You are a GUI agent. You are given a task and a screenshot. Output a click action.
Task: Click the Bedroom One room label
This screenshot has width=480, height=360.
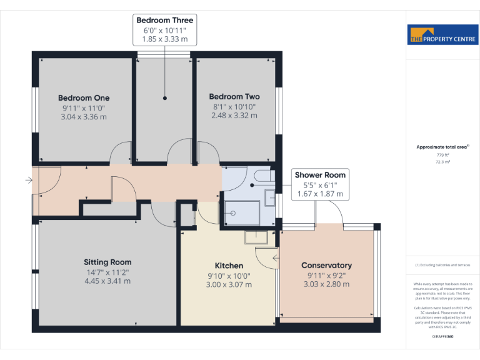84,97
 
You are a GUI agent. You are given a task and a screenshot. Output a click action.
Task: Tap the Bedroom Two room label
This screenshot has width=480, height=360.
234,97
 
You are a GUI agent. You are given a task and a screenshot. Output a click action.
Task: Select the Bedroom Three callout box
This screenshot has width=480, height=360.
165,30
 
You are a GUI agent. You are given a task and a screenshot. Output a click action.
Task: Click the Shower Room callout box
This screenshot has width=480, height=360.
320,184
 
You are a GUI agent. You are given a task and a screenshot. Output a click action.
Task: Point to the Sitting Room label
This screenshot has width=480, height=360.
107,262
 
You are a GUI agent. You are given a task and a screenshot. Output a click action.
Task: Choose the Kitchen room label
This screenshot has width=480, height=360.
229,266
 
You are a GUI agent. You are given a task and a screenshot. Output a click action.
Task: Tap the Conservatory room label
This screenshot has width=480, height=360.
326,266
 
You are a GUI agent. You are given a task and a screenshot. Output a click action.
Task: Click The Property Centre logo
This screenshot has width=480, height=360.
442,35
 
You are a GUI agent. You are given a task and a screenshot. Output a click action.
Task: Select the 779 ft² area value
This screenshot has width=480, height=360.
442,154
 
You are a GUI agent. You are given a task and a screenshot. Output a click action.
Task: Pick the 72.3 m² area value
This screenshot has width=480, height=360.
442,162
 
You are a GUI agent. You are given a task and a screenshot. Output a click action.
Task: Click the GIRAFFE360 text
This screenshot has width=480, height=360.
442,336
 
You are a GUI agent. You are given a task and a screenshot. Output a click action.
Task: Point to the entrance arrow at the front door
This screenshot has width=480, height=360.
28,181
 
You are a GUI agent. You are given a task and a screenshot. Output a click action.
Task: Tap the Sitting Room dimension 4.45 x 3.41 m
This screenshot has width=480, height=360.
109,281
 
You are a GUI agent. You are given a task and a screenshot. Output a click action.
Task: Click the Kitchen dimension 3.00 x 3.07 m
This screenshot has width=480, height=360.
229,284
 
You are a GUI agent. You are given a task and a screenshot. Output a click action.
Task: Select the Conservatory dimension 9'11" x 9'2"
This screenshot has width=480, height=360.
326,276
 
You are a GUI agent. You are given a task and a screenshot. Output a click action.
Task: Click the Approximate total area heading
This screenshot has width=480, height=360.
442,147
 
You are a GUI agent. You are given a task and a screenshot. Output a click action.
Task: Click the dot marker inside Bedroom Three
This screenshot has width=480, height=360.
165,98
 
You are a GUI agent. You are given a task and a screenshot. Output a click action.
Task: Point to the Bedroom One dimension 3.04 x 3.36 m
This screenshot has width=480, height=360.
84,116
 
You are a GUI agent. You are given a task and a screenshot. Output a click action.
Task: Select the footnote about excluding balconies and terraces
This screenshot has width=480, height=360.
442,266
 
